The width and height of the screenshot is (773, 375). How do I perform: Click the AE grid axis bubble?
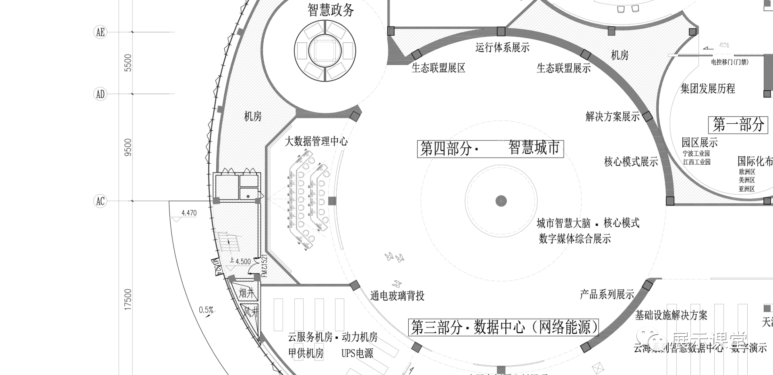tap(100, 32)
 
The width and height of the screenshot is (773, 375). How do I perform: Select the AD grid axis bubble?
tap(100, 94)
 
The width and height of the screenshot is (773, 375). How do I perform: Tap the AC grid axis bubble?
tap(100, 201)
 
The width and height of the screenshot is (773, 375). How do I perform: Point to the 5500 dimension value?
tap(128, 63)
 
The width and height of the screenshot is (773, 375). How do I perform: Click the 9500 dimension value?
tap(128, 147)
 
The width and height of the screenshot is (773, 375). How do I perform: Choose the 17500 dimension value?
tap(128, 299)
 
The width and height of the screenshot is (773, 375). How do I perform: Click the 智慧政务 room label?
tap(331, 10)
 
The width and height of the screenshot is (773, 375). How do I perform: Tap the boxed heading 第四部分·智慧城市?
tap(490, 148)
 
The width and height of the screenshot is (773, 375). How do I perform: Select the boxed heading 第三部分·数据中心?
tap(504, 327)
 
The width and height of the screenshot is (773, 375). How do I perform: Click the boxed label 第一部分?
tap(738, 124)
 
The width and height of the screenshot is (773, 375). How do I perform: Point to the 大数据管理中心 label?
tap(316, 141)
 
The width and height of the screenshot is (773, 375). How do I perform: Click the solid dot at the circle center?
tap(501, 201)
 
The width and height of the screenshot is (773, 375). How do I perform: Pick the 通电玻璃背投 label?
tap(397, 296)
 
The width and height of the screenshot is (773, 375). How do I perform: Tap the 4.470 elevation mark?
tap(189, 213)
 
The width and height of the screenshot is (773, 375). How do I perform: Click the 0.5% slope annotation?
tap(206, 310)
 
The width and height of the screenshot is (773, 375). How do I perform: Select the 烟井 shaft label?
tap(247, 293)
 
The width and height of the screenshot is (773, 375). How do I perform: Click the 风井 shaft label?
tap(250, 311)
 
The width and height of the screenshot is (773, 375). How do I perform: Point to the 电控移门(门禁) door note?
tap(730, 62)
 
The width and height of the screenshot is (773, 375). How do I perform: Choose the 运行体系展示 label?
tap(502, 48)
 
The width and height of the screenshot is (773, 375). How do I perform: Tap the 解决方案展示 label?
tap(612, 117)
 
